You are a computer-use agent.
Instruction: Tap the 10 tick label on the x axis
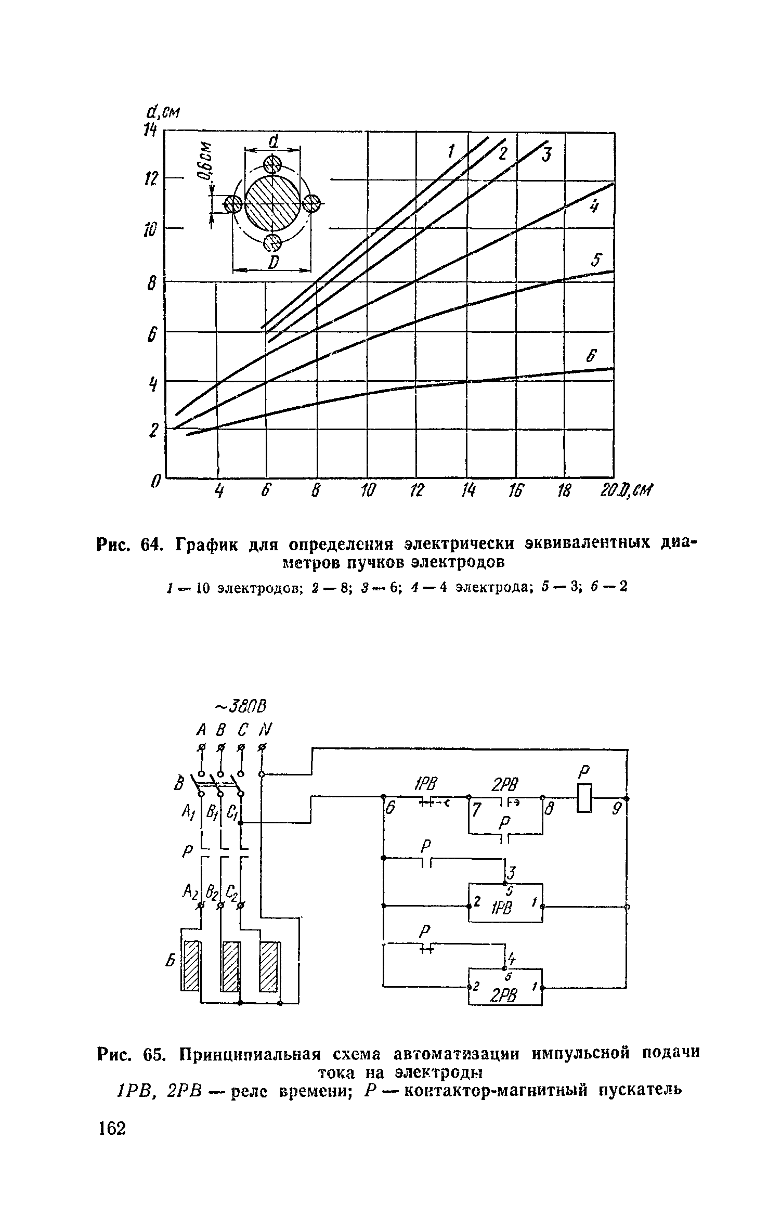(x=368, y=490)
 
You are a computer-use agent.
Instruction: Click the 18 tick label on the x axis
(x=564, y=490)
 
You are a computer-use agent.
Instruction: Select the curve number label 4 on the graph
(x=593, y=208)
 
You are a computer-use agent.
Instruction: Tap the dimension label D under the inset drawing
(x=272, y=263)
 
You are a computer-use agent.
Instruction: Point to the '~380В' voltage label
(x=241, y=707)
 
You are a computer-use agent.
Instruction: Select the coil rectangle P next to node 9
(x=585, y=798)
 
